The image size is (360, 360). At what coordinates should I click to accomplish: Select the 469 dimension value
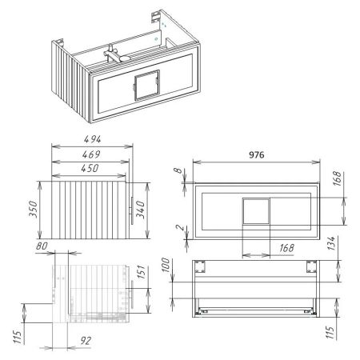(x=91, y=154)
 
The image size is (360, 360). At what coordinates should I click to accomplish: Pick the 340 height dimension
(x=142, y=209)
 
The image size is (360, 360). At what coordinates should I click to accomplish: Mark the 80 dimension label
(x=42, y=246)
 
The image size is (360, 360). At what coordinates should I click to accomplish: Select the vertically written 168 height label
(x=337, y=180)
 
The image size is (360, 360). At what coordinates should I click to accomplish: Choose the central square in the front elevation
(x=257, y=211)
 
